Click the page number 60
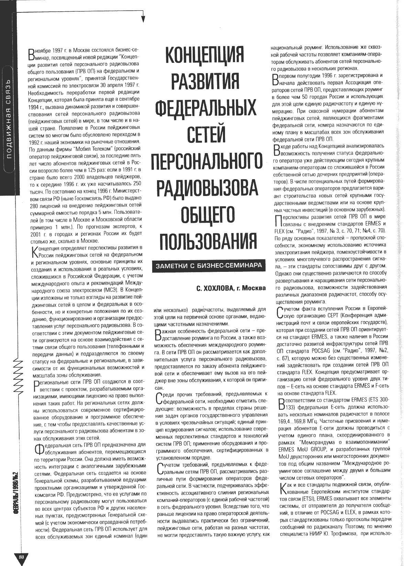21,556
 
